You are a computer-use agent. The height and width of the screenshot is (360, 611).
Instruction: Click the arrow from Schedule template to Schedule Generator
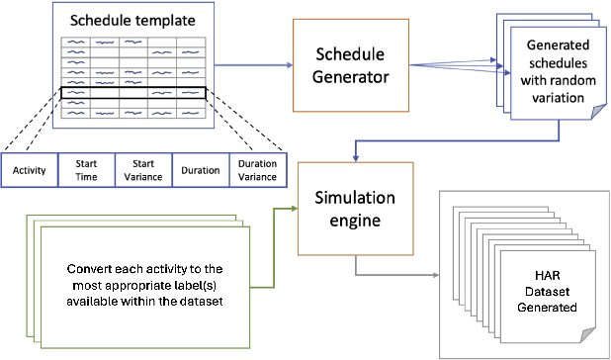pos(252,63)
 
